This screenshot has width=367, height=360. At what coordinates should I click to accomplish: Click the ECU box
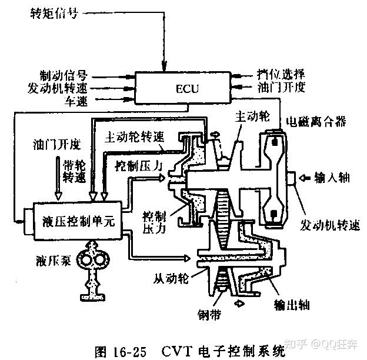(188, 89)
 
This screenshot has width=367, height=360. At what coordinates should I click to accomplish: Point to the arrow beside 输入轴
(305, 177)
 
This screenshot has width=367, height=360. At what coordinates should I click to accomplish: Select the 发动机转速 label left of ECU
(58, 88)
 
